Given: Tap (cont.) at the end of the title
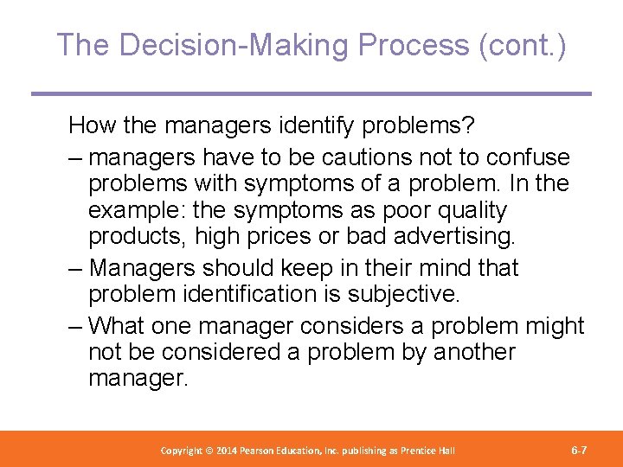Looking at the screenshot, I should coord(523,45).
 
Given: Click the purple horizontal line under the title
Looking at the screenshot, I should coord(311,93).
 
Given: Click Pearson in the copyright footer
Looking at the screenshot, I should coord(265,451).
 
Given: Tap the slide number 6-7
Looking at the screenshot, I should coord(580,450).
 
